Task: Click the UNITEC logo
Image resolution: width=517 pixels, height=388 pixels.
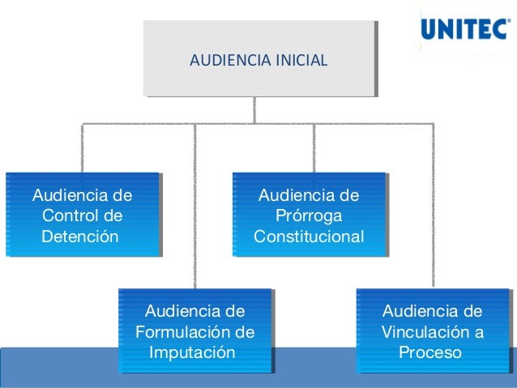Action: coord(465,30)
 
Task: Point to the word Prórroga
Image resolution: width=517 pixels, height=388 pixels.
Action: coord(309,216)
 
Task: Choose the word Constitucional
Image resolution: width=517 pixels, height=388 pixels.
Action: coord(309,237)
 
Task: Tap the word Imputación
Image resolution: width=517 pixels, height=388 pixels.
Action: coord(193,353)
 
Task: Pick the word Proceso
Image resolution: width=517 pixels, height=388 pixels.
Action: coord(430,353)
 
